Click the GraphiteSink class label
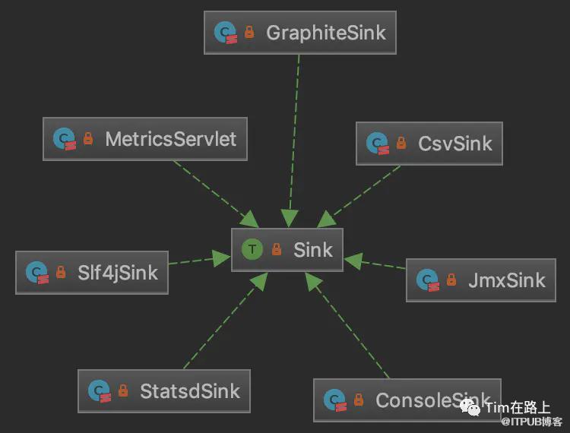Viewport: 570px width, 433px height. (325, 33)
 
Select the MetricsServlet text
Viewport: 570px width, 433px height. (170, 139)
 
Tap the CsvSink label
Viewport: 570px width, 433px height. (455, 143)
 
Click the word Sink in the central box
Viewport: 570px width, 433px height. (313, 250)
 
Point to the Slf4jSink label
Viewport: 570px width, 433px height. (117, 273)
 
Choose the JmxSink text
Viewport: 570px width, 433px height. (507, 280)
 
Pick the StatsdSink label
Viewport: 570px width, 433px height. (189, 391)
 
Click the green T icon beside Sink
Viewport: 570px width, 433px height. (252, 250)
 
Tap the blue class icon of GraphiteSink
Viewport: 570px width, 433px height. (225, 33)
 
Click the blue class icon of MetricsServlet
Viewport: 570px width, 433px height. (64, 139)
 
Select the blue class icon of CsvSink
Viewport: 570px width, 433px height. (377, 143)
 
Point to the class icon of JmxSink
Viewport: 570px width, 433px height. (427, 280)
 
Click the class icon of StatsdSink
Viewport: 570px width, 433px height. (99, 391)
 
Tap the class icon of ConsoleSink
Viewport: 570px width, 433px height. (334, 400)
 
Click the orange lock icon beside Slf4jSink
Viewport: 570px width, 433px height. (61, 273)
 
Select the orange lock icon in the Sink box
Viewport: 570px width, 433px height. (277, 250)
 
